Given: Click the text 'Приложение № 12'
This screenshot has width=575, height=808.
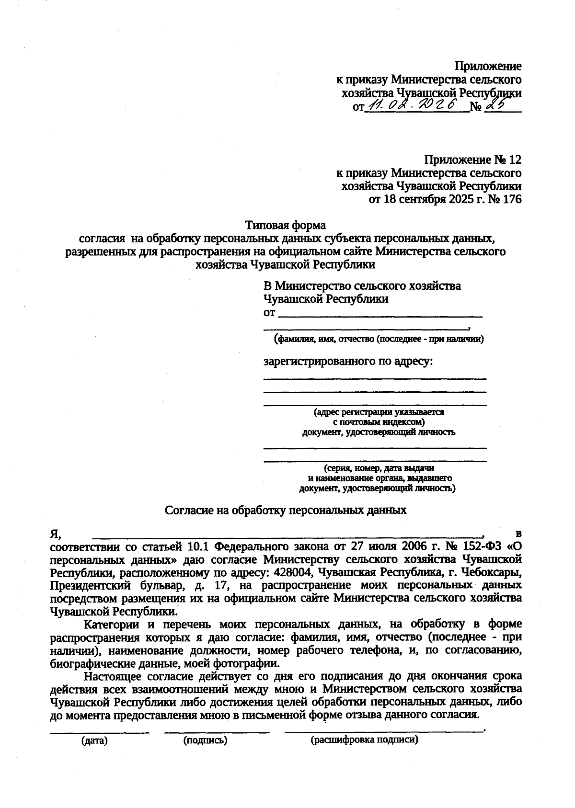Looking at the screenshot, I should coord(472,159).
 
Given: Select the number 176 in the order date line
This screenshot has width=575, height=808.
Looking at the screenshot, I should coord(511,199).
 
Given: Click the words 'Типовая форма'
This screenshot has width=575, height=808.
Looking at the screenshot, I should coord(286,225).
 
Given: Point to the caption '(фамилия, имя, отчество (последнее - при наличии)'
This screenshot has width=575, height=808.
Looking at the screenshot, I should coord(378,340).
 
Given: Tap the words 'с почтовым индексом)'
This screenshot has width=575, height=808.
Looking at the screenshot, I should coord(379,422).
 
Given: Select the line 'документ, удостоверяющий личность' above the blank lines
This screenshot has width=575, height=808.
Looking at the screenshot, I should coord(378,432).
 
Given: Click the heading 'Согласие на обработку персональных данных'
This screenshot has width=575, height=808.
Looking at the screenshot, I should coord(286,510).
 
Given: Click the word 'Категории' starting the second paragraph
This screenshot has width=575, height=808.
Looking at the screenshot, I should coord(111,625).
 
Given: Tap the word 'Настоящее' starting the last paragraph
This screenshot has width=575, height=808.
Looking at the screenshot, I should coord(111,676).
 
